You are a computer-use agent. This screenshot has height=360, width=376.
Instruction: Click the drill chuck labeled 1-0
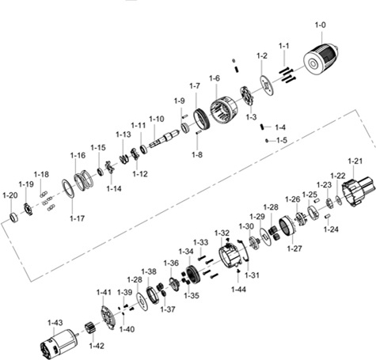[x=321, y=60]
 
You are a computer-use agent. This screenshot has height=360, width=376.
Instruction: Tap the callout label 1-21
[x=355, y=161]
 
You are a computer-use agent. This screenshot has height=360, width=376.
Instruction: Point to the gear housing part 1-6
[x=224, y=110]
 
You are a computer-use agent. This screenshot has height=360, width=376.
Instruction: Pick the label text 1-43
[x=55, y=323]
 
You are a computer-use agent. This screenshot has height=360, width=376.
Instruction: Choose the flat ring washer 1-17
[x=68, y=188]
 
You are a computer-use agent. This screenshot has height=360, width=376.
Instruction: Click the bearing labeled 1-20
[x=13, y=217]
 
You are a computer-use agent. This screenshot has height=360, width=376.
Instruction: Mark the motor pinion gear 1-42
[x=89, y=328]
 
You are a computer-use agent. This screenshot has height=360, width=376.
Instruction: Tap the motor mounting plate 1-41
[x=108, y=317]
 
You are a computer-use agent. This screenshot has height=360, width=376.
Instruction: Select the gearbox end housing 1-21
[x=358, y=191]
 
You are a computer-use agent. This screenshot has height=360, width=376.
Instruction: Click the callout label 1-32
[x=222, y=233]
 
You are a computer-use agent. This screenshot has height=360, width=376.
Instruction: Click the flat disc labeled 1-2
[x=267, y=85]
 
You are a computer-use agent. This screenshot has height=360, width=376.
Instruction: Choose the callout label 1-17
[x=78, y=218]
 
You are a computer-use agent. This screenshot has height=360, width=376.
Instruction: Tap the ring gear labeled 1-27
[x=287, y=226]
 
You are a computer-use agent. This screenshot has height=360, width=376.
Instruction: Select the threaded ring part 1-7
[x=202, y=119]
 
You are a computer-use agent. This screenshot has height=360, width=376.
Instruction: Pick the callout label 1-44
[x=238, y=290]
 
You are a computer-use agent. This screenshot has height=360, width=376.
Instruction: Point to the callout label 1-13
[x=123, y=135]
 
